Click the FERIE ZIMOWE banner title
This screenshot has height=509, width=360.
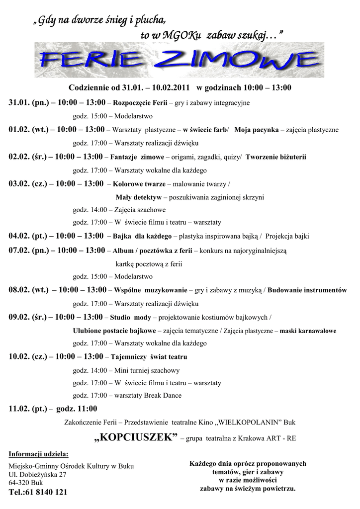coord(180,61)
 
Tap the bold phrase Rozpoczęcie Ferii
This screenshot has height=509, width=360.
coord(141,103)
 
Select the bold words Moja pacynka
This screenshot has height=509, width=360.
coord(256,130)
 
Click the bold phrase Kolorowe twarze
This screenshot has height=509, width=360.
coord(140,184)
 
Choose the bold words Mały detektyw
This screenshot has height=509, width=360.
coord(139,197)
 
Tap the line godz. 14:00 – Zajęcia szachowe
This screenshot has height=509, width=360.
coord(119,210)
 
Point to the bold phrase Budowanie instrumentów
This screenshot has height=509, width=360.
coord(307,290)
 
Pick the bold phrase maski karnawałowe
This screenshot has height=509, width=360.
coord(308,331)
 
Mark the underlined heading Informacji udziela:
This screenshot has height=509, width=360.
coord(39,454)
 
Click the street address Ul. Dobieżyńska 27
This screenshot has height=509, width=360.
coord(38,475)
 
